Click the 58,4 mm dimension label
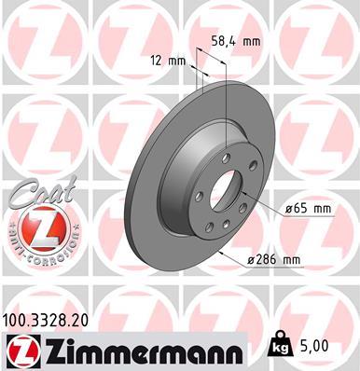[238, 42]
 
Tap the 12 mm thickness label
[168, 62]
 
